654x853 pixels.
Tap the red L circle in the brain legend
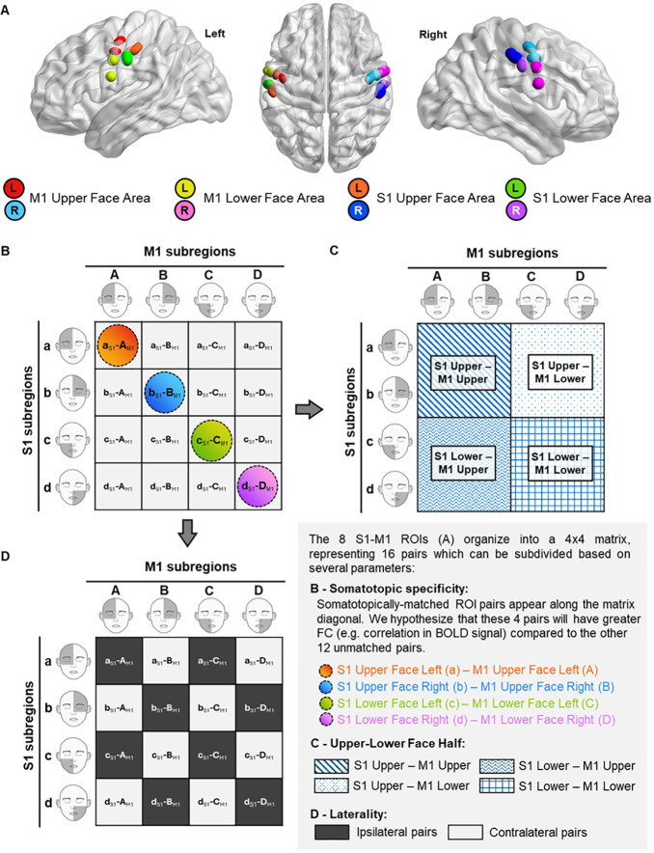(x=18, y=186)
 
